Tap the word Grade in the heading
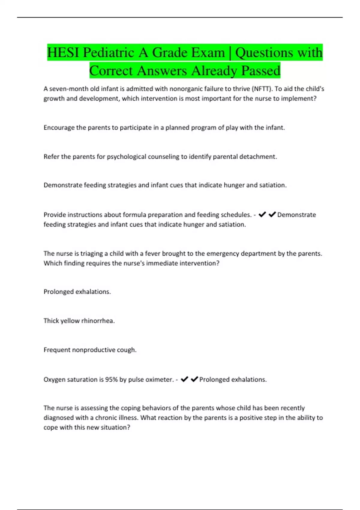pos(170,53)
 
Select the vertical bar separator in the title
pos(230,53)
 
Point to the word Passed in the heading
pos(261,71)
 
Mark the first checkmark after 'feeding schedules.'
pos(262,214)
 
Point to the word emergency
pos(220,254)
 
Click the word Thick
pos(51,321)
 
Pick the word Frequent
pos(57,350)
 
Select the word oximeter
pos(159,380)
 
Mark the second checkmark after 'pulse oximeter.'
pos(194,379)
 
